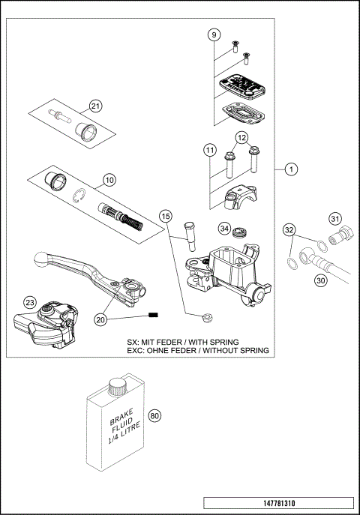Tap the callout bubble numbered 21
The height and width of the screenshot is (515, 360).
coord(94,106)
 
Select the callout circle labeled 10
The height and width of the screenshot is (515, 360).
coord(109,180)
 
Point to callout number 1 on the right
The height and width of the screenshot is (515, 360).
coord(289,170)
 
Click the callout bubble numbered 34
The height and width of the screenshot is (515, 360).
coord(223,228)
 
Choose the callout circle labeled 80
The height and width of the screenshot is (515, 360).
coord(155,416)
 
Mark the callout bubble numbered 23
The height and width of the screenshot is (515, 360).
coord(29,302)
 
